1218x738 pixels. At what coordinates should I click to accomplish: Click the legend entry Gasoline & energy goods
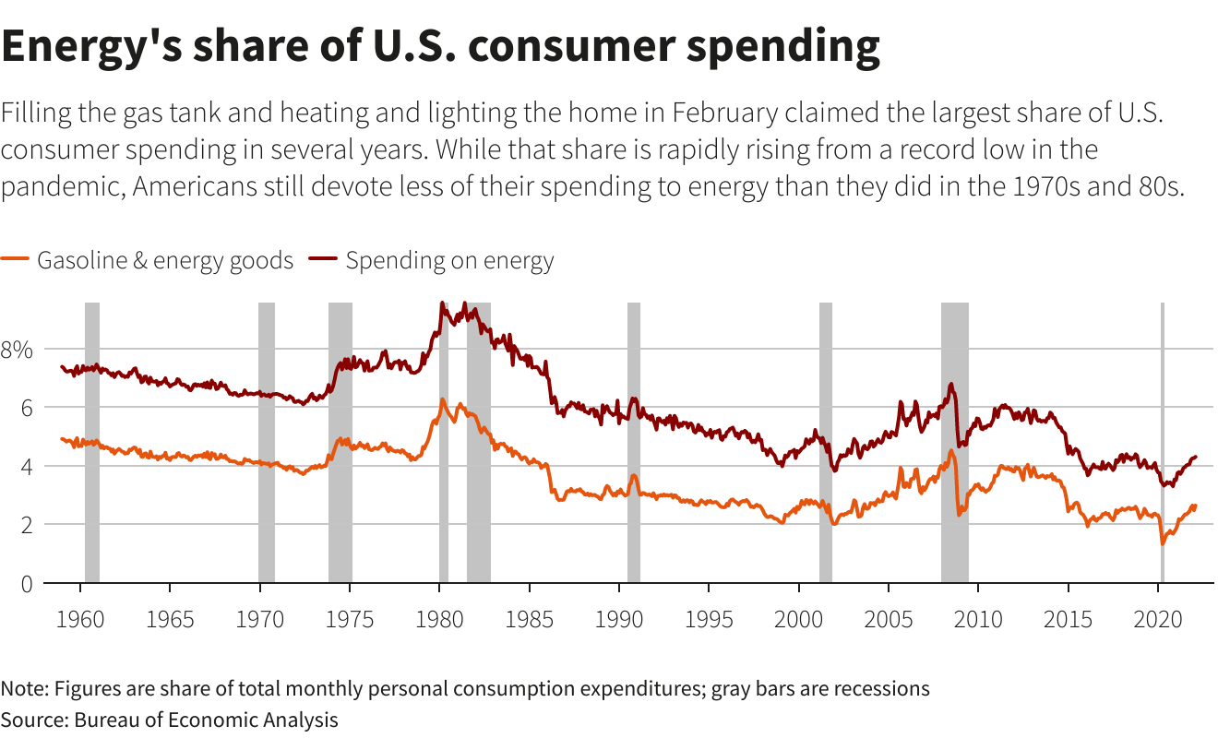tap(164, 261)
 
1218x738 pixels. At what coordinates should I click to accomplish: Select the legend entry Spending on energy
tap(449, 261)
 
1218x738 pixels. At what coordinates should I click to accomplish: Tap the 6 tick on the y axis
tap(24, 408)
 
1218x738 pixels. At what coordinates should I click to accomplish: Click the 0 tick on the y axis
tap(24, 584)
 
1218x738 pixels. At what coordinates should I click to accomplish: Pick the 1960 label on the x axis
tap(81, 617)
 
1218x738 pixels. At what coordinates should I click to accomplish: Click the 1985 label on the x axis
tap(530, 617)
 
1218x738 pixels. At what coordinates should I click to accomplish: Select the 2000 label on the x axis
tap(799, 617)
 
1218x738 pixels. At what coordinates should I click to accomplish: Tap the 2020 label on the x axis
tap(1159, 617)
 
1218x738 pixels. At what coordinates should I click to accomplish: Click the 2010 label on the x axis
tap(979, 617)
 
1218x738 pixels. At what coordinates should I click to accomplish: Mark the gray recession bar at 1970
tap(267, 443)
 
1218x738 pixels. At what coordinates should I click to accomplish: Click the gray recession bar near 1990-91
tap(634, 443)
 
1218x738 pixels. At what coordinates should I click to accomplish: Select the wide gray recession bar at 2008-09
tap(955, 443)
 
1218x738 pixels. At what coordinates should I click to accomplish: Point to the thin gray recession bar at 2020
tap(1163, 443)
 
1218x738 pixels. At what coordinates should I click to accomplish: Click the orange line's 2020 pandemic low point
tap(1163, 543)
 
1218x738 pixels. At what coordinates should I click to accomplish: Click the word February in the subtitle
tap(730, 113)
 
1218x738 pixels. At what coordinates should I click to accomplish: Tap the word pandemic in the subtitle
tap(62, 185)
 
